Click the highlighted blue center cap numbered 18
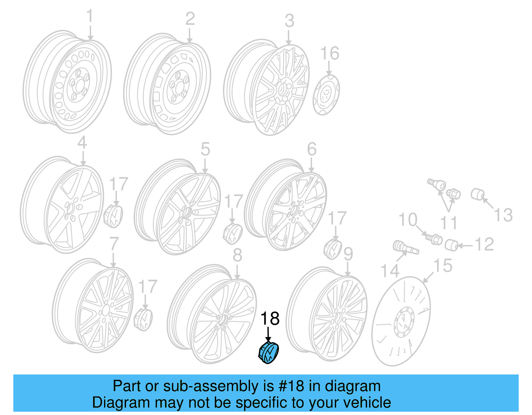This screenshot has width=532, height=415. tap(269, 353)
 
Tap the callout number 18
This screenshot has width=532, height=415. tap(270, 319)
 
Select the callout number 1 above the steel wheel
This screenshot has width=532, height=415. tap(90, 16)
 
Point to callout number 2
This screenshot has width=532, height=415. tap(190, 19)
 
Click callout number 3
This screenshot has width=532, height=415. tap(289, 21)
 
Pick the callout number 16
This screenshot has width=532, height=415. tap(330, 53)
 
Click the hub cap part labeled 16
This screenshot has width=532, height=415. tap(326, 95)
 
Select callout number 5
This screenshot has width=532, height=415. tap(205, 149)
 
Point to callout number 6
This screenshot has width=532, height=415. tap(312, 149)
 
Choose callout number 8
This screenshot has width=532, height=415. tap(237, 255)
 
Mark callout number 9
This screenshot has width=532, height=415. tap(348, 254)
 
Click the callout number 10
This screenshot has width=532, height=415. tap(408, 220)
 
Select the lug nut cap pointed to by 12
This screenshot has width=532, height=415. tap(452, 245)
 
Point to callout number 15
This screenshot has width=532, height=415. tap(443, 266)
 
